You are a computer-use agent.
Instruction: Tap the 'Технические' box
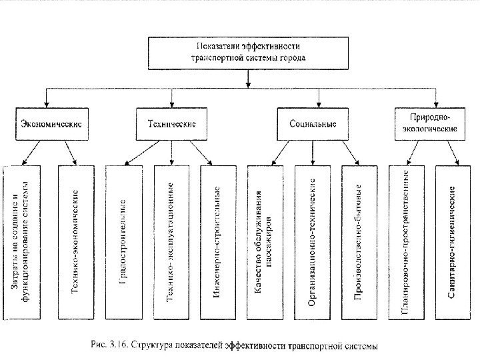tap(171, 123)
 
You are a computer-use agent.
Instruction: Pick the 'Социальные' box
tap(313, 123)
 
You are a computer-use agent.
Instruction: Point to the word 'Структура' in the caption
tap(150, 346)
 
